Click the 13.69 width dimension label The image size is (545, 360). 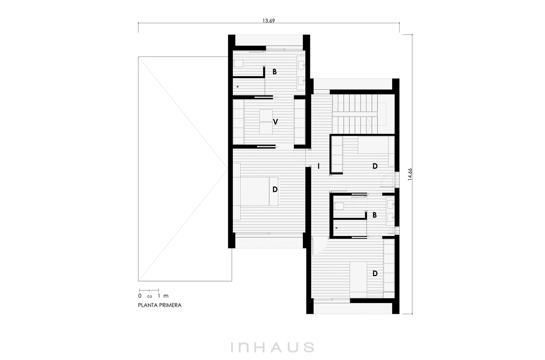pyautogui.click(x=268, y=20)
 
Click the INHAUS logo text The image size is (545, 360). pyautogui.click(x=272, y=347)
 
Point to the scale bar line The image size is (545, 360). pyautogui.click(x=149, y=290)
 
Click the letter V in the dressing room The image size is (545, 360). pyautogui.click(x=275, y=122)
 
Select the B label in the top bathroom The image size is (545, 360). pyautogui.click(x=275, y=72)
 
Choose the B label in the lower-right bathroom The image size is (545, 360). pyautogui.click(x=375, y=215)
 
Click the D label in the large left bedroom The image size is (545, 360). pyautogui.click(x=275, y=189)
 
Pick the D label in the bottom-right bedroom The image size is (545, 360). pyautogui.click(x=375, y=273)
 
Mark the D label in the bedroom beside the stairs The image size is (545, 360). pyautogui.click(x=375, y=166)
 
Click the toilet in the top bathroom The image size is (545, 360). pyautogui.click(x=238, y=64)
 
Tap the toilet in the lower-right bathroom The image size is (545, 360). pyautogui.click(x=339, y=206)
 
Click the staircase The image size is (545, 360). pyautogui.click(x=355, y=114)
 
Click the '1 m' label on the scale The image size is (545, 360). pyautogui.click(x=163, y=295)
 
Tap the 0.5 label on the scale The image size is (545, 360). pyautogui.click(x=149, y=296)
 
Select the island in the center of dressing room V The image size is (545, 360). pyautogui.click(x=266, y=122)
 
